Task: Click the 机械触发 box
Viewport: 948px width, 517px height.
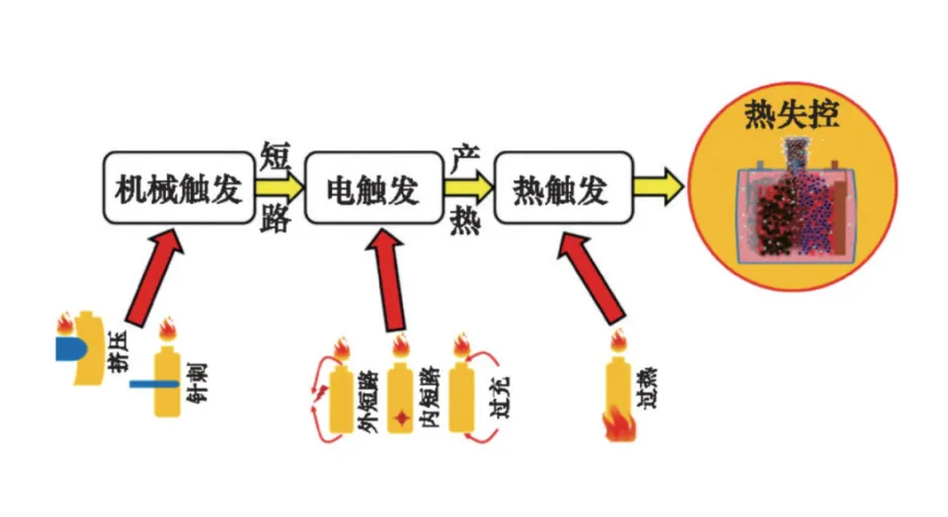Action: tap(179, 187)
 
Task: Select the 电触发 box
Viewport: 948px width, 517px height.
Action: tap(373, 187)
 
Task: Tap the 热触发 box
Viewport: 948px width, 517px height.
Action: tap(564, 187)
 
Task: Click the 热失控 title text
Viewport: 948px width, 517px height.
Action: tap(791, 114)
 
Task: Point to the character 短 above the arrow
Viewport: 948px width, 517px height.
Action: tap(276, 157)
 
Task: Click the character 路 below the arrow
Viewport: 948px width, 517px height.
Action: tap(276, 218)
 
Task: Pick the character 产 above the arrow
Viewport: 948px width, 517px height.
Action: tap(465, 159)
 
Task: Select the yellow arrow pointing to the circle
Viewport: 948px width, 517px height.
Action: tap(659, 186)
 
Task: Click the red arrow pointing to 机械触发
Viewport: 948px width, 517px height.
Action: tap(154, 277)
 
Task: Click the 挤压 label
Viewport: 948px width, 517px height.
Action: tap(118, 351)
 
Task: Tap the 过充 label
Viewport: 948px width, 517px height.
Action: tap(500, 397)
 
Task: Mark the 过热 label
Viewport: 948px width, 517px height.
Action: tap(646, 388)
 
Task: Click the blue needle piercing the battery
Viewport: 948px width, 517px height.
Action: tap(155, 384)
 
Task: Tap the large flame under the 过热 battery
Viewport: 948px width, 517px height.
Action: tap(619, 424)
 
